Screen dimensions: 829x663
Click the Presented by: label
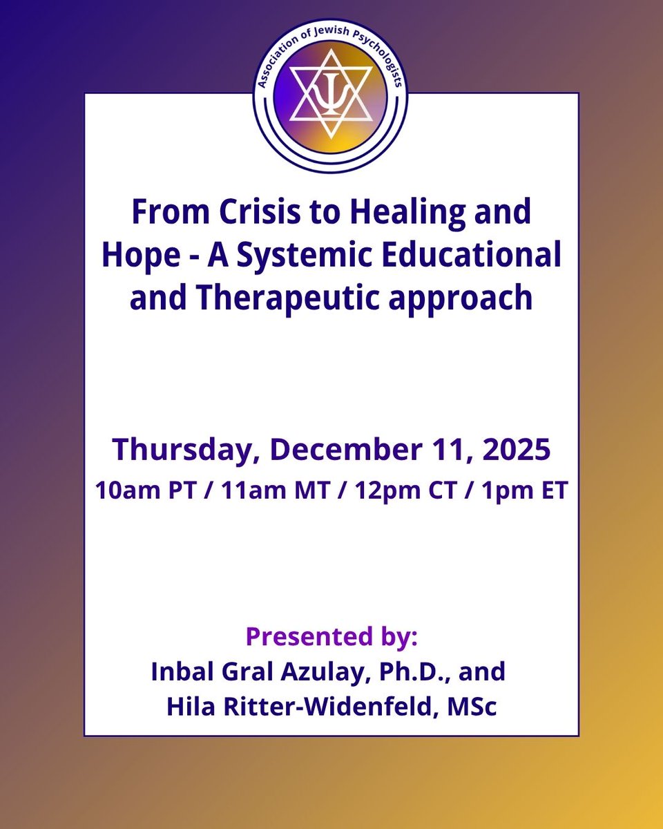(x=331, y=636)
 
